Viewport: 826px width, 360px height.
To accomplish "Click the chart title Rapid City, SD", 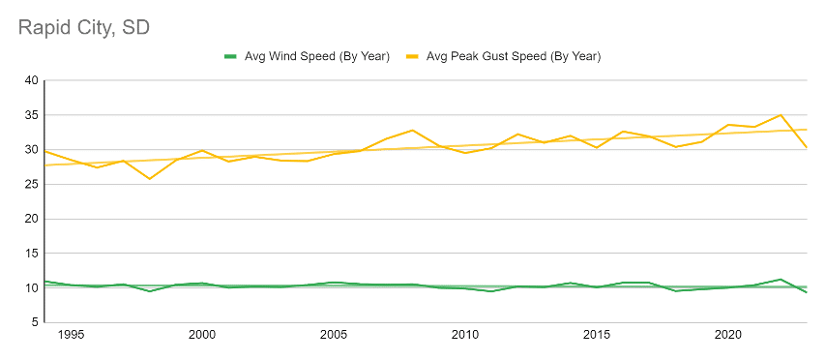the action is point(84,27).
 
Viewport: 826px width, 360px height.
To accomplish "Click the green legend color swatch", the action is point(231,56).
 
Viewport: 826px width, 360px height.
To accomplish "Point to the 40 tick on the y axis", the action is point(31,80).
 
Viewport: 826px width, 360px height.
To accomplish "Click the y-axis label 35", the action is point(31,115).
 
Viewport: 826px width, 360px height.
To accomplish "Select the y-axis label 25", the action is point(31,185).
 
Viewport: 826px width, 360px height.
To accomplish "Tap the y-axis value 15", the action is point(31,254).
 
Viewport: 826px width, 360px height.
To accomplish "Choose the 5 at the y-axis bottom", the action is point(35,322).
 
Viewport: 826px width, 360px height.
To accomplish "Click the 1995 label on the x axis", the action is point(71,335).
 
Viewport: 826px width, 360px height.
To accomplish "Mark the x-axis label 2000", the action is point(202,335).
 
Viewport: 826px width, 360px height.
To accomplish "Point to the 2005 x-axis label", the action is point(334,335).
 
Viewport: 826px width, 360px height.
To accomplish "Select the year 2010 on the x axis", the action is point(465,335).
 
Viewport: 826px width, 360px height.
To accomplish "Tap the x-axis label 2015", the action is point(597,335).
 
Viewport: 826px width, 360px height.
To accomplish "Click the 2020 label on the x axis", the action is point(728,335).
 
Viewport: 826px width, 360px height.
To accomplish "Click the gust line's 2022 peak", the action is point(781,115).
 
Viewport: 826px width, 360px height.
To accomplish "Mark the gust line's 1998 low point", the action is point(150,179).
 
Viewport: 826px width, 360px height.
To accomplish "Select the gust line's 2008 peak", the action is point(412,131).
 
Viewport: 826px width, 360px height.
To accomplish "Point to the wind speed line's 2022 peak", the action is point(781,280).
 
